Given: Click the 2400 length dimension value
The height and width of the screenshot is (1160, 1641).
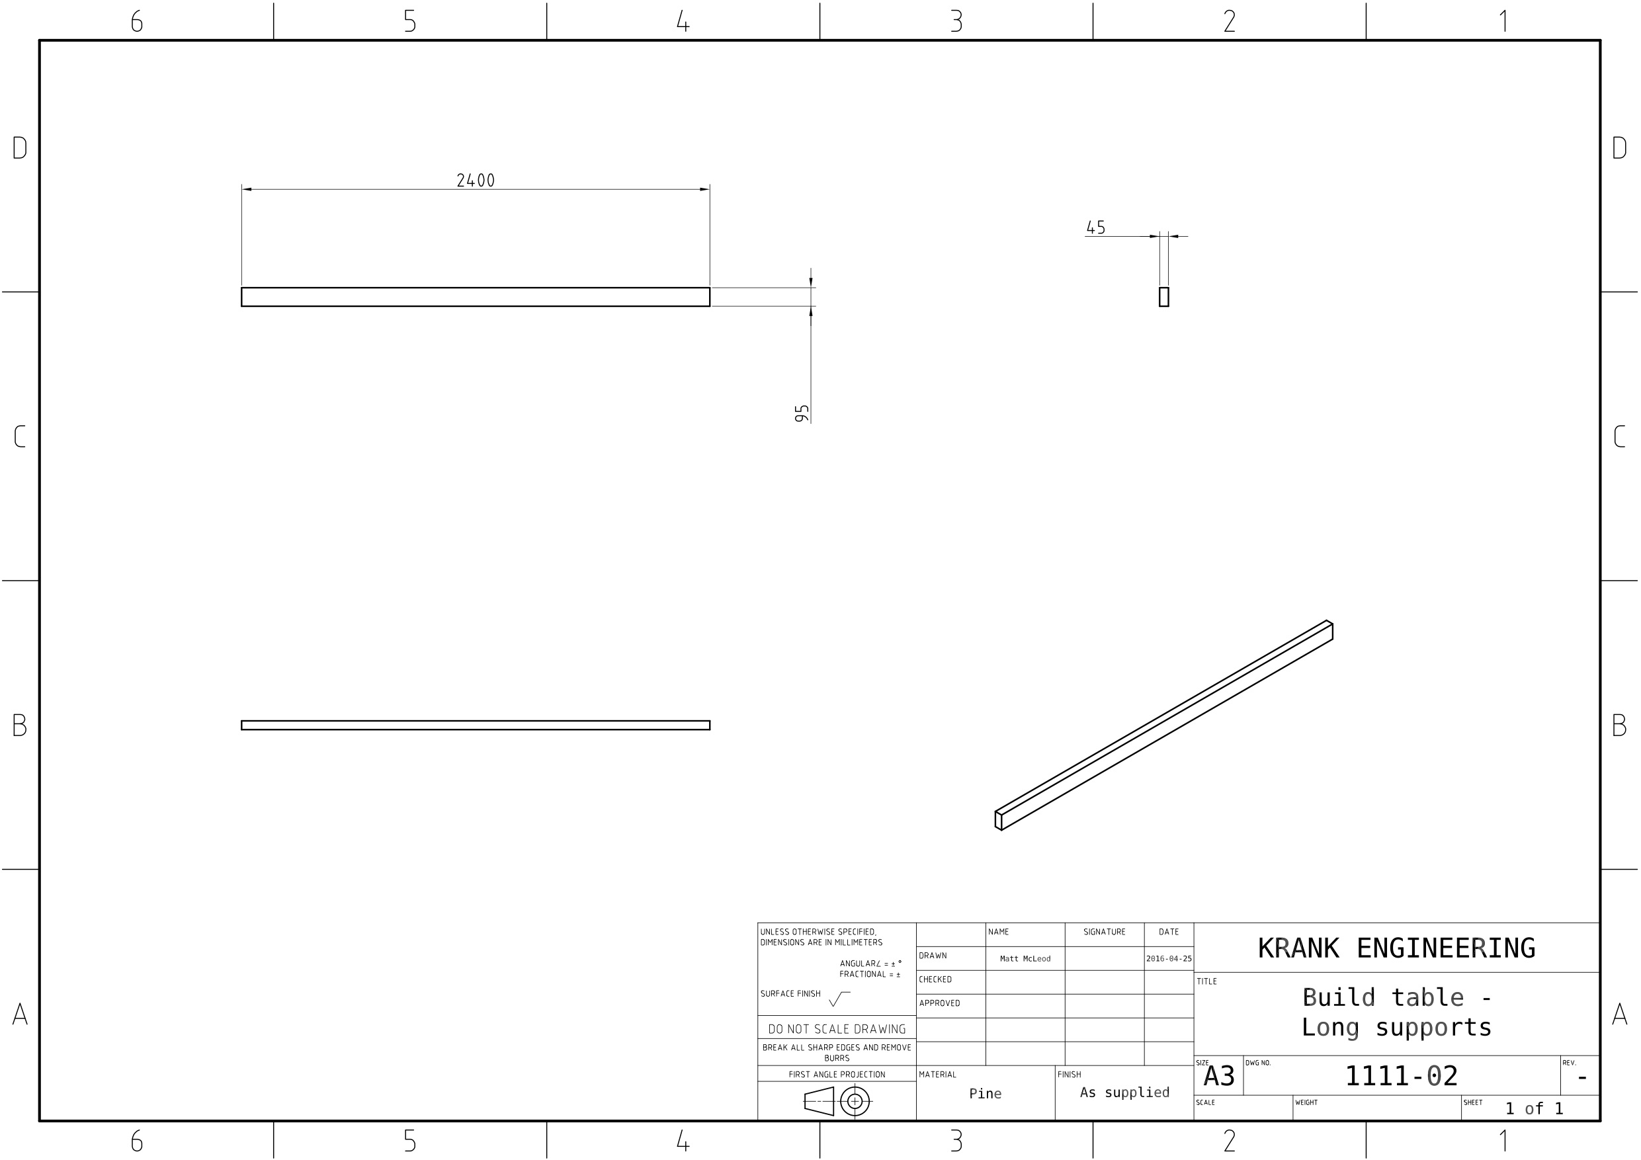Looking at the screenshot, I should click(x=476, y=181).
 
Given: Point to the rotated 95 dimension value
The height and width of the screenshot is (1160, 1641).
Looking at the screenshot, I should click(x=802, y=413).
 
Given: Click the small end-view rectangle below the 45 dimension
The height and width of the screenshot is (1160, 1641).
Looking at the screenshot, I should click(x=1163, y=296).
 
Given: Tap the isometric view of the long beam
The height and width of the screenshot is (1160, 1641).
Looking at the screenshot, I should click(x=1163, y=725).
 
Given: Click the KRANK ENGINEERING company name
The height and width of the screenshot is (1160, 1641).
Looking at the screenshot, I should click(x=1396, y=948).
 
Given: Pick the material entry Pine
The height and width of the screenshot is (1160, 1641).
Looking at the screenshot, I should click(x=985, y=1093).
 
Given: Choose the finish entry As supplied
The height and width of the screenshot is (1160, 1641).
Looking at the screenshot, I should click(x=1124, y=1092).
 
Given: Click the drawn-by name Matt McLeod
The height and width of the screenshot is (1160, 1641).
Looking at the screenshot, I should click(x=1025, y=959).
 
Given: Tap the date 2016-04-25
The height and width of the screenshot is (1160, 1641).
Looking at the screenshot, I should click(x=1169, y=959).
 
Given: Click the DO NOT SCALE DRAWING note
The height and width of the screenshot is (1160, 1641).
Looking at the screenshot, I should click(x=836, y=1029).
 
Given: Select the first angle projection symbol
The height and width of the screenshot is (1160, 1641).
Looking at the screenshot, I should click(x=836, y=1101).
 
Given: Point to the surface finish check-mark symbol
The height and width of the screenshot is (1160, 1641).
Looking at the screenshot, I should click(x=839, y=999).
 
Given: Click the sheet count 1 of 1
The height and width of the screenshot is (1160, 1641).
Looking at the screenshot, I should click(x=1534, y=1108).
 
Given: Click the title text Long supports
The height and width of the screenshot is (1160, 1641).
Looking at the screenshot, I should click(x=1396, y=1028).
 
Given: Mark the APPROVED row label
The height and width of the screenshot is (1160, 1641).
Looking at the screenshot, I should click(x=939, y=1003).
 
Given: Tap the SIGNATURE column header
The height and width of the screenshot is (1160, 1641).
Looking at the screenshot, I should click(x=1103, y=932).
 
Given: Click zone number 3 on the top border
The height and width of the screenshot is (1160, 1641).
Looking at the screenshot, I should click(x=956, y=21).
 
